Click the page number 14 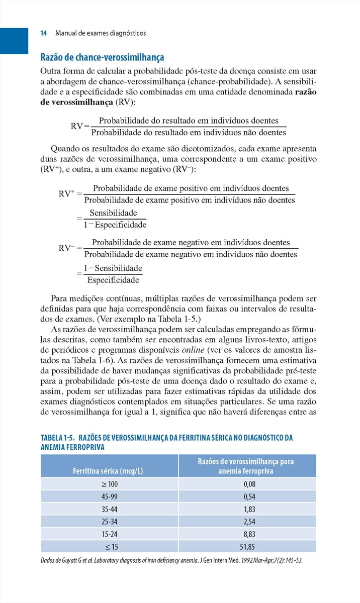click(43, 33)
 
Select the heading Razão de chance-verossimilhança click(102, 58)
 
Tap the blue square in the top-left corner click(14, 40)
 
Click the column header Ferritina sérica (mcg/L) click(108, 471)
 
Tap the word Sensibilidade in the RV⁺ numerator click(113, 213)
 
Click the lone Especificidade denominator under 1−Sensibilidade click(113, 279)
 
